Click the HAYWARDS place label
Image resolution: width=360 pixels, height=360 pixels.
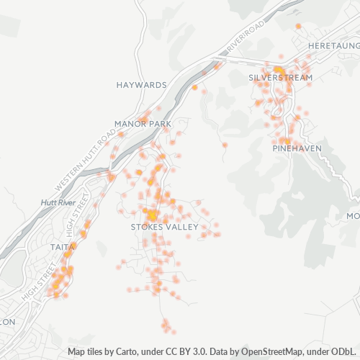tap(141, 85)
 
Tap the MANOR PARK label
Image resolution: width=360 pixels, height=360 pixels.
tap(143, 125)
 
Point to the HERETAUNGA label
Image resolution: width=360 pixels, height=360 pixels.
tap(333, 45)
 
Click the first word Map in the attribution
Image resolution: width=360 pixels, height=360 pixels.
tap(77, 352)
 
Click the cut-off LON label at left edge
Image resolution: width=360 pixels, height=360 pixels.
tap(7, 322)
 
